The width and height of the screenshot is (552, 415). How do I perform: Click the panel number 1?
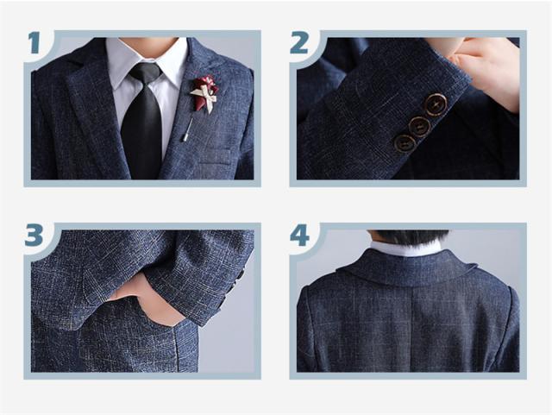(34, 42)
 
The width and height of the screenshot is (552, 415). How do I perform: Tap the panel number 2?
(299, 42)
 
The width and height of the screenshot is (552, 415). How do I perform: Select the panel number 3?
(34, 235)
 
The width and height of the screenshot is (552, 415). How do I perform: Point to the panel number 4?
(299, 235)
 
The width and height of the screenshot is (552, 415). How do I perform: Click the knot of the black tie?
(145, 73)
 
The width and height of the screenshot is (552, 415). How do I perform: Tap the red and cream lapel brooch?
(204, 92)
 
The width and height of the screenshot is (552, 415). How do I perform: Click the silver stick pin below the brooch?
(187, 129)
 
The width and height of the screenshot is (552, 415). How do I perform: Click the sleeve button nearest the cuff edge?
(436, 104)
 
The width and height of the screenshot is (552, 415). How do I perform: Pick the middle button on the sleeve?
(420, 127)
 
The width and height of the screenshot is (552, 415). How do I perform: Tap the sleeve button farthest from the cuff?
(405, 143)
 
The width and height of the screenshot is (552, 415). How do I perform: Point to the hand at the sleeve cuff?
(487, 71)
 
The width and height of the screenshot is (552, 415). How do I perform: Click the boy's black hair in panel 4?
(408, 237)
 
